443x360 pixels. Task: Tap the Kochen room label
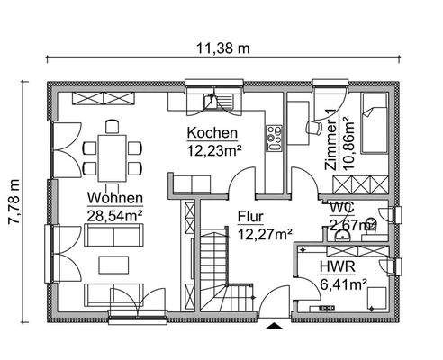[x=212, y=133]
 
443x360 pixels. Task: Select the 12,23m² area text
[x=214, y=150]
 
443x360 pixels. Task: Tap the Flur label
[x=251, y=217]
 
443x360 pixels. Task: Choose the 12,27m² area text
[x=265, y=235]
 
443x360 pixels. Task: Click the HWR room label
[x=335, y=268]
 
